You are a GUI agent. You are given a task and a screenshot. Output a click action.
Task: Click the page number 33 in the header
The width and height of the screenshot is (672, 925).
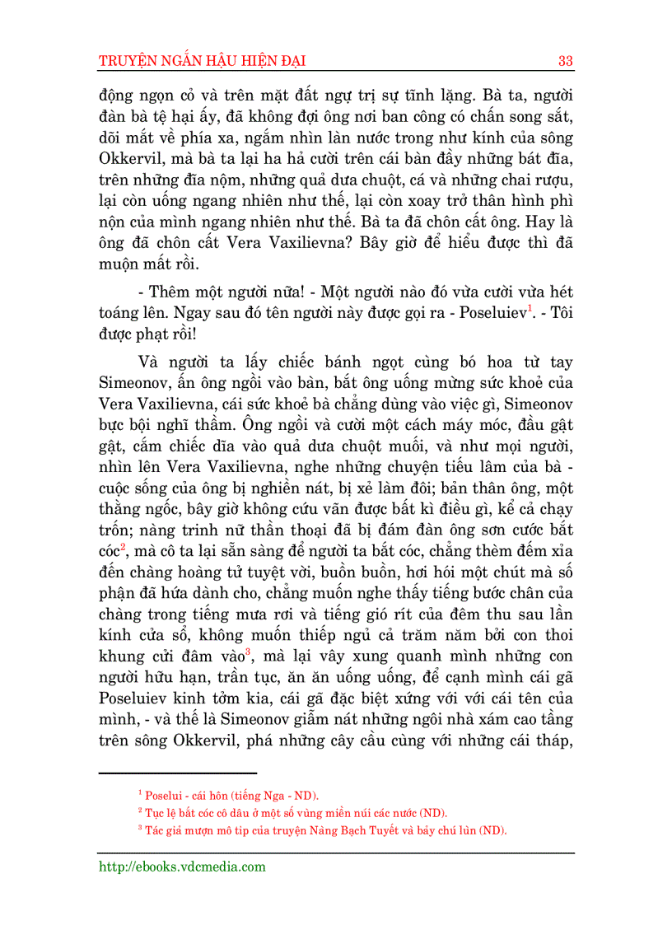pyautogui.click(x=565, y=61)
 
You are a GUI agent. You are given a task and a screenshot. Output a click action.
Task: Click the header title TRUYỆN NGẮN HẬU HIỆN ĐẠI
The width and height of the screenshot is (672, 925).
pyautogui.click(x=203, y=61)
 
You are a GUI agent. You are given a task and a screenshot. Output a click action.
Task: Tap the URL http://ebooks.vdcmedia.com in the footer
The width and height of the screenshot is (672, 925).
pyautogui.click(x=182, y=867)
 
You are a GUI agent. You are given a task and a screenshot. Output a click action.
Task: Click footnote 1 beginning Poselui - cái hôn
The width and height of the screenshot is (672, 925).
pyautogui.click(x=229, y=795)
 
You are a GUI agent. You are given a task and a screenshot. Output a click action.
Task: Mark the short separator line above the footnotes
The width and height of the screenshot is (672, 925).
pyautogui.click(x=177, y=773)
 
